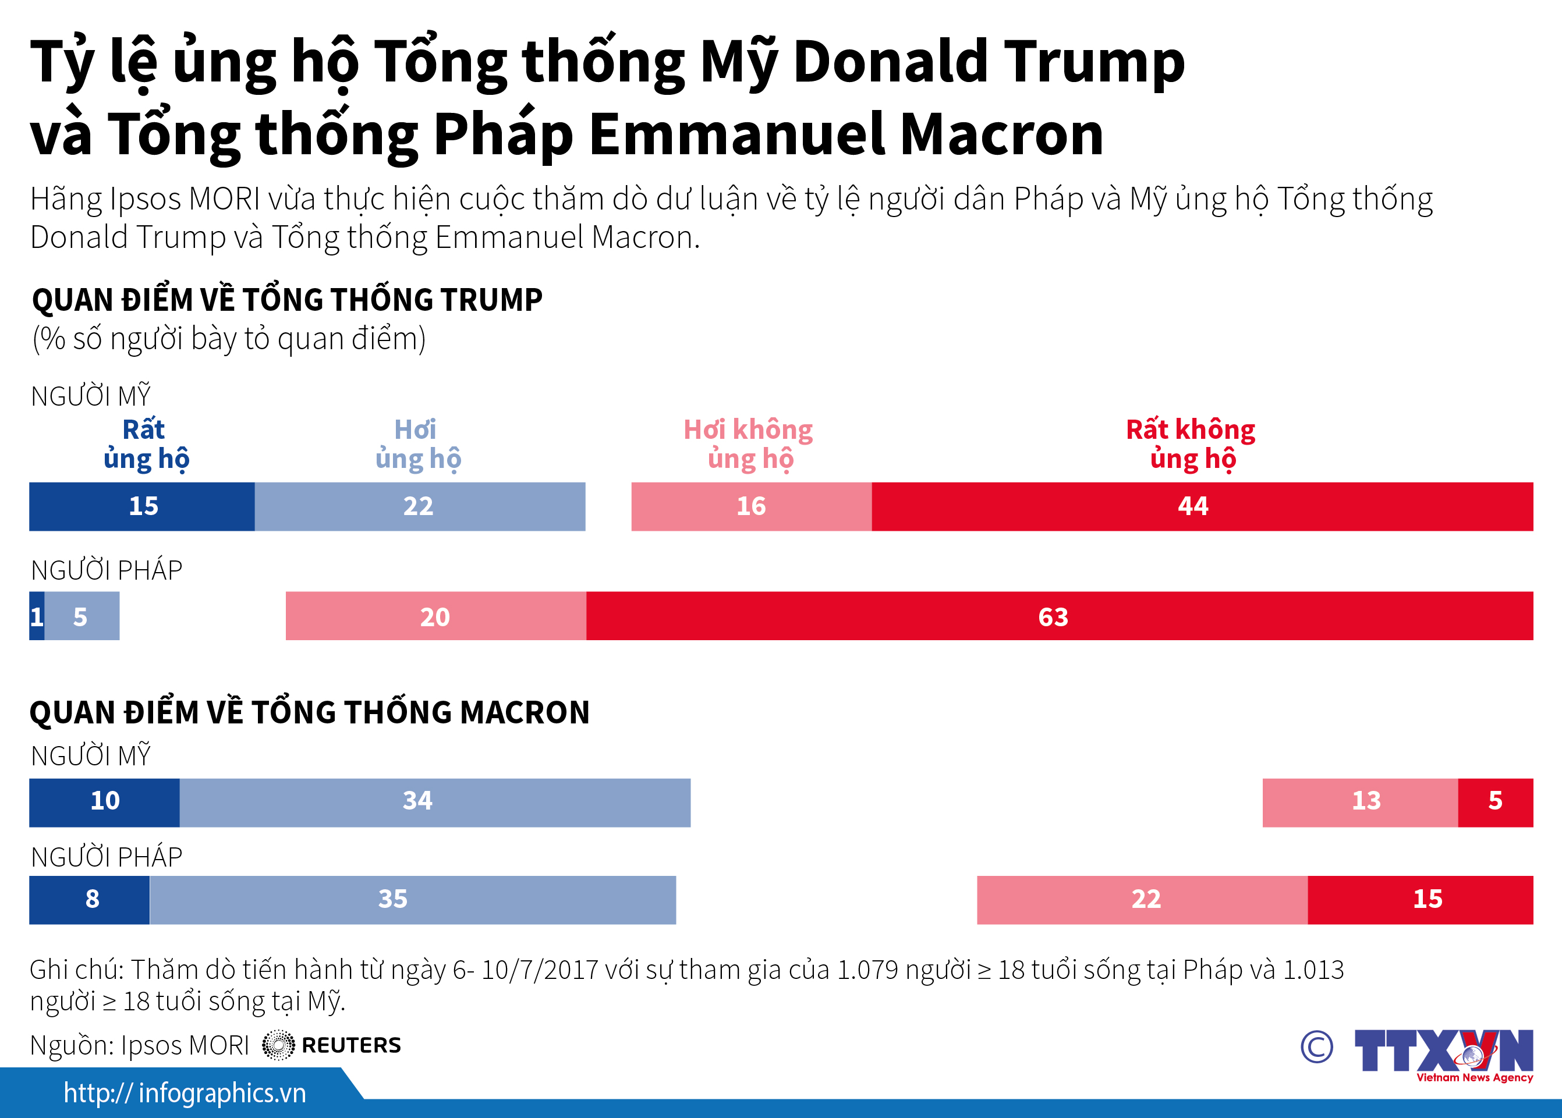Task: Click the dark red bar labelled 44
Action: (x=1202, y=507)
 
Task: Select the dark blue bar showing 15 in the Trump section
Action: (x=142, y=507)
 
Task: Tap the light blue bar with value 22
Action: (x=419, y=507)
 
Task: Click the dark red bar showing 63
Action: (x=1058, y=616)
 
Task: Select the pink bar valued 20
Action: (x=435, y=616)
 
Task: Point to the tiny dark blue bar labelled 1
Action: (x=37, y=616)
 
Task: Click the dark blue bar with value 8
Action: (x=90, y=900)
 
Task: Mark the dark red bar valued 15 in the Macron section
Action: (x=1420, y=900)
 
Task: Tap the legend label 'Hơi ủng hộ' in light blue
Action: (x=417, y=444)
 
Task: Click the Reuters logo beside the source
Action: (x=331, y=1045)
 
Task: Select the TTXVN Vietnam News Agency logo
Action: (x=1443, y=1054)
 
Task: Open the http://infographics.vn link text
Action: (x=185, y=1093)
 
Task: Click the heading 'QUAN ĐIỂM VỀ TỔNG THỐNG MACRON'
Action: (x=309, y=712)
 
